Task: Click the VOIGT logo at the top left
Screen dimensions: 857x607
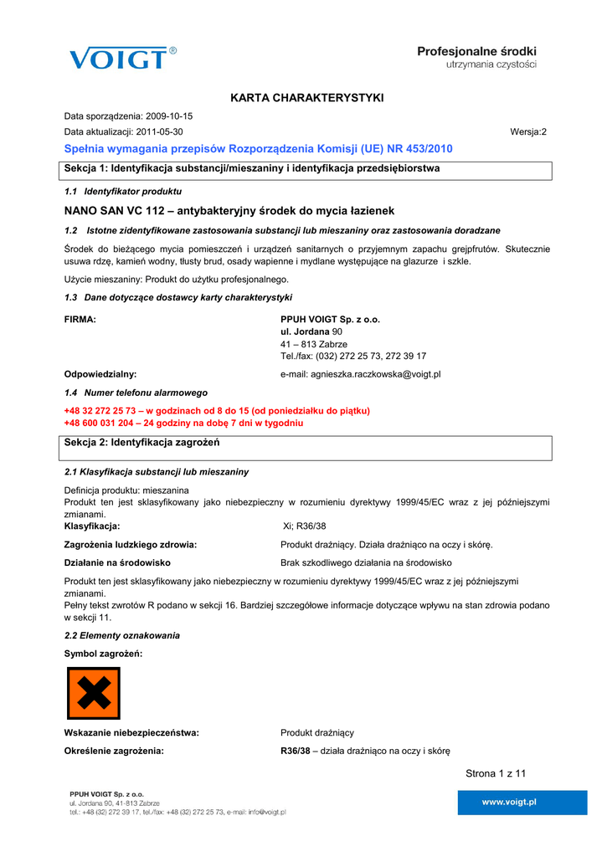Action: tap(122, 58)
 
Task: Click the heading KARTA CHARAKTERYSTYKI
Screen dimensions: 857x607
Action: tap(307, 98)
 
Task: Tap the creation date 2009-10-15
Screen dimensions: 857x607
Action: tap(169, 116)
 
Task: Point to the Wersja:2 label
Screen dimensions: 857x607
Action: tap(528, 132)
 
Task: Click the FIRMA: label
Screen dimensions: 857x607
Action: tap(80, 320)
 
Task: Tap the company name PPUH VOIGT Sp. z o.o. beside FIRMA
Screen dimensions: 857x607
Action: tap(330, 320)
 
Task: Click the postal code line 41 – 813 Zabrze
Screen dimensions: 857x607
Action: tap(314, 344)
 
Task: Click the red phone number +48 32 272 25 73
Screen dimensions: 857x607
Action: tap(102, 411)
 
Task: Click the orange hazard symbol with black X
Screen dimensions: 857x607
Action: tap(93, 693)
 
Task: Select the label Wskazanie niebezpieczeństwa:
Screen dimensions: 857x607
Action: tap(131, 733)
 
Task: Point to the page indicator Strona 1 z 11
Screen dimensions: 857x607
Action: tap(496, 773)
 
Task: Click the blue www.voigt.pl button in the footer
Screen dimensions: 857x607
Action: tap(509, 802)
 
